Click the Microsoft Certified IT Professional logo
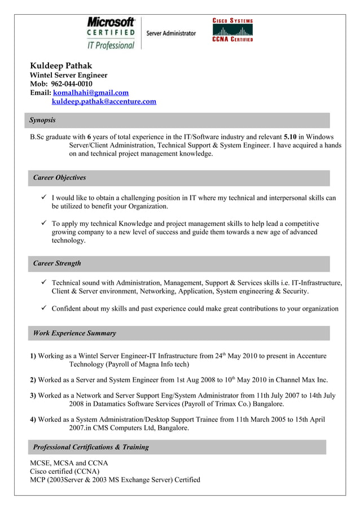(x=111, y=33)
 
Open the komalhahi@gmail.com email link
(x=90, y=93)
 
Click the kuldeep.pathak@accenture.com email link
(x=104, y=102)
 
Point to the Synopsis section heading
(x=43, y=120)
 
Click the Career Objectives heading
(x=59, y=178)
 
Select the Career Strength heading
(x=57, y=263)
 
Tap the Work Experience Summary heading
(x=74, y=333)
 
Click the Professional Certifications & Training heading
(x=91, y=447)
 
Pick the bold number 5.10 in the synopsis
(x=291, y=137)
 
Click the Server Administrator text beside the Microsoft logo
(x=171, y=33)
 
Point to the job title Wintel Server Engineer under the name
(x=68, y=75)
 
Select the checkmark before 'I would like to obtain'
(x=43, y=198)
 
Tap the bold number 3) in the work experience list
(x=33, y=396)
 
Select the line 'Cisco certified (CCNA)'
(x=64, y=472)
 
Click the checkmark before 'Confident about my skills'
(x=43, y=308)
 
